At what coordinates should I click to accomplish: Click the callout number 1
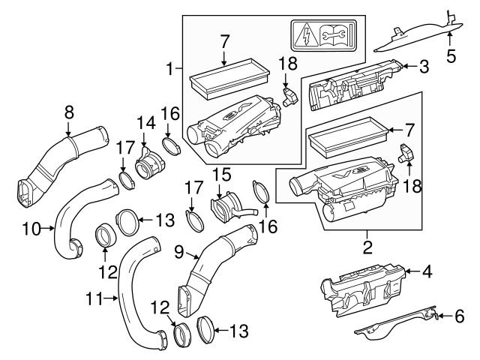pyautogui.click(x=170, y=69)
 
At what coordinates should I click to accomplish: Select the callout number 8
pyautogui.click(x=69, y=112)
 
